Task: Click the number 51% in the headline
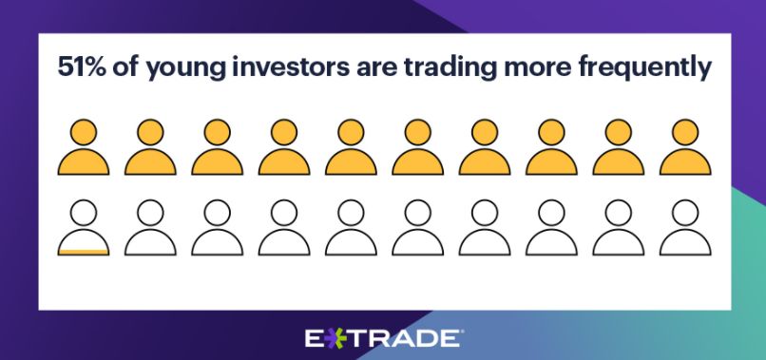[81, 68]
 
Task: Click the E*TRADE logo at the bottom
[382, 338]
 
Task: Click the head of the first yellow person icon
[84, 132]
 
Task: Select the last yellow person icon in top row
[685, 147]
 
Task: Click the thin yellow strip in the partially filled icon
[84, 252]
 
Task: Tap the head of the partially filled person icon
[84, 213]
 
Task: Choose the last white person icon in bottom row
[685, 227]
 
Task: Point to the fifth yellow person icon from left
[352, 147]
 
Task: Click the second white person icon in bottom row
[150, 227]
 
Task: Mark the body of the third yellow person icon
[218, 163]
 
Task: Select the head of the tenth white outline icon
[685, 213]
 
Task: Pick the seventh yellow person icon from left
[485, 147]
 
